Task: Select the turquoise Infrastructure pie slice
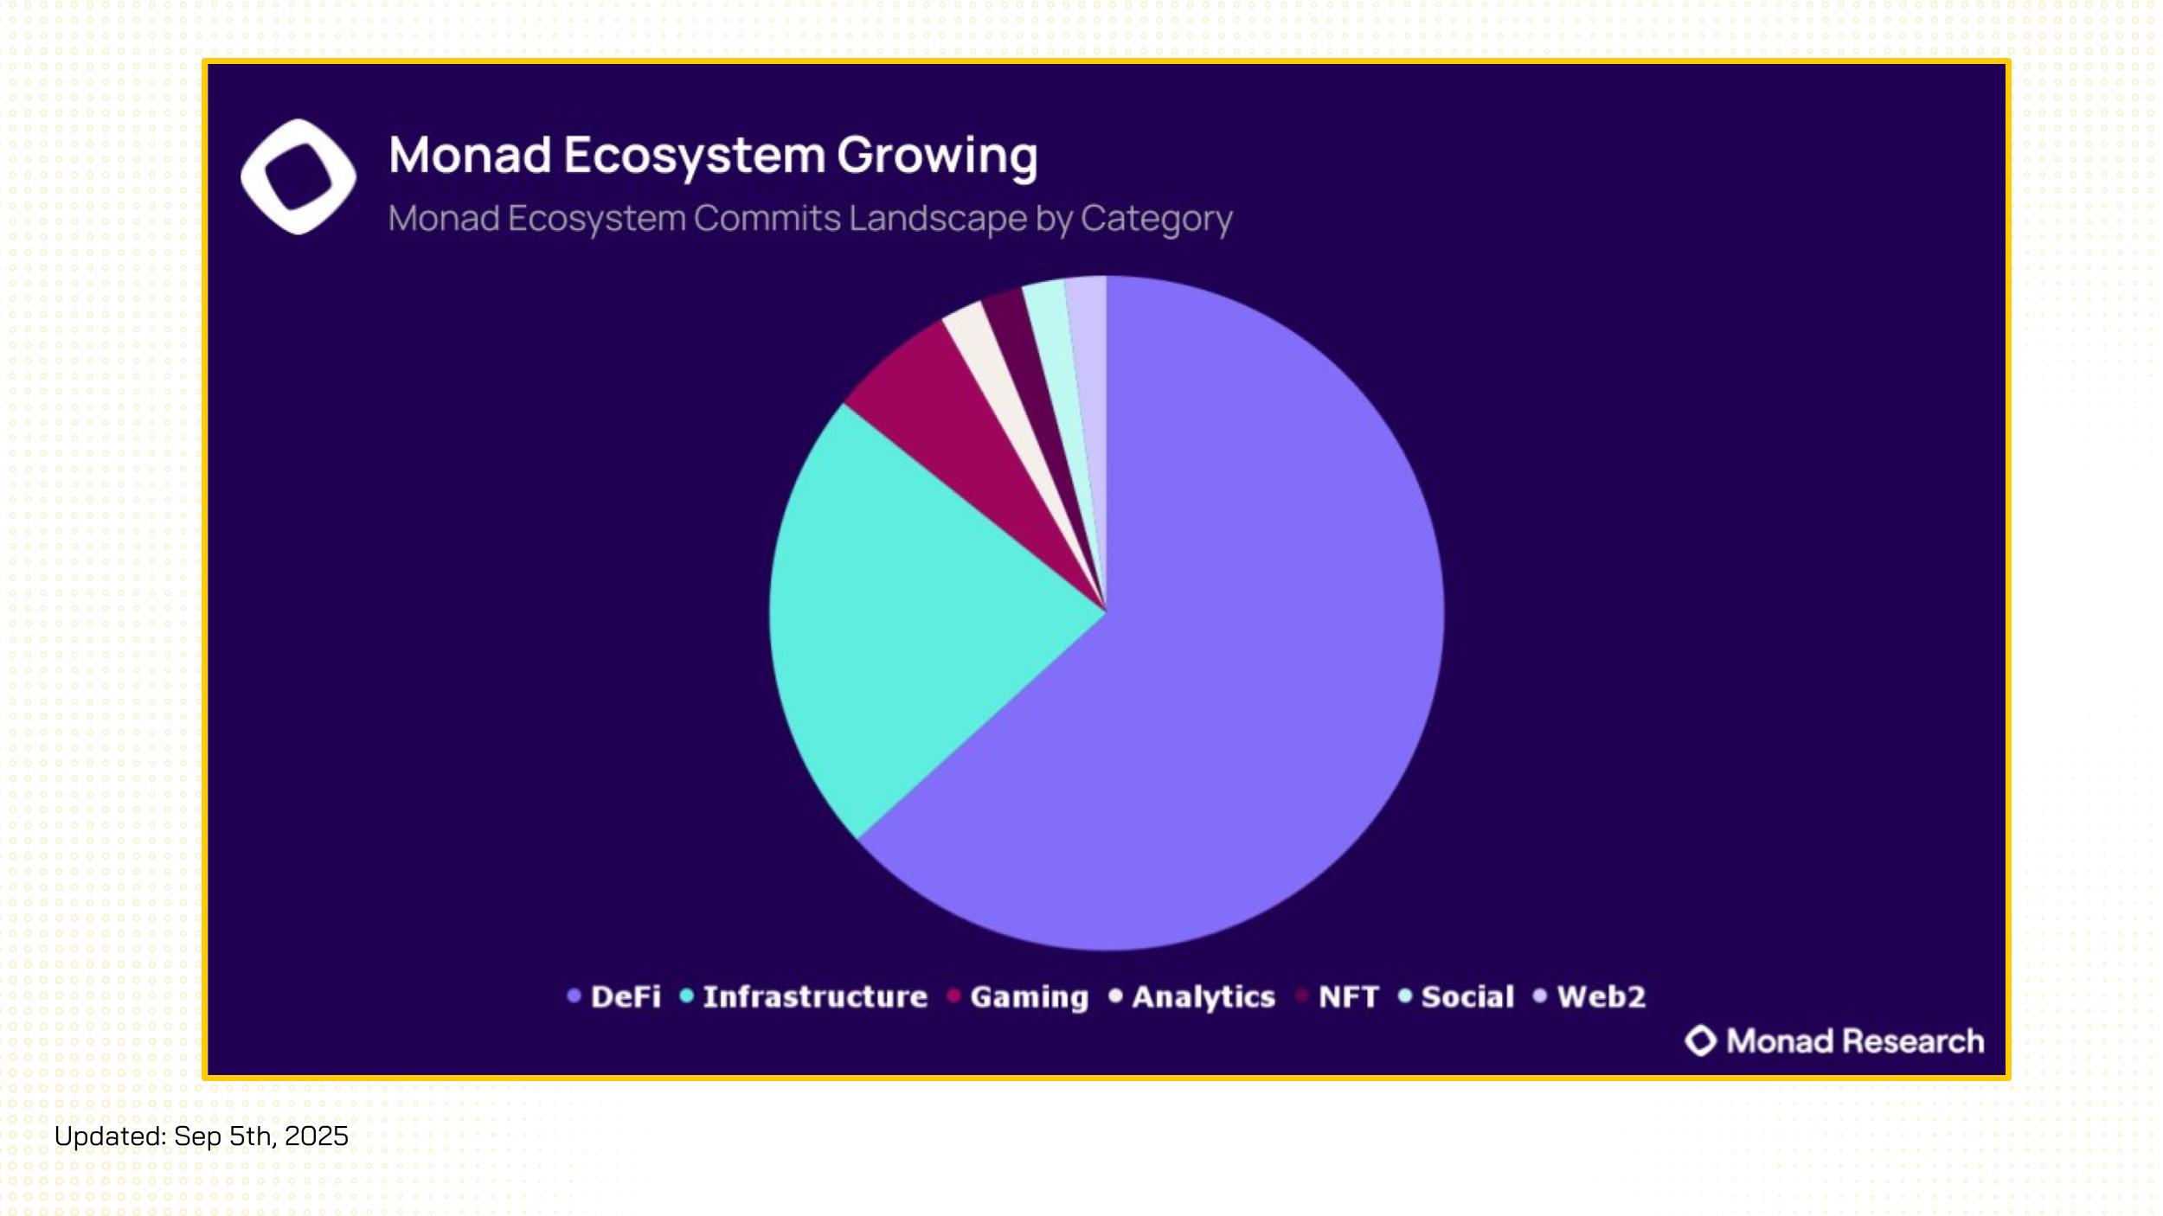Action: pos(900,623)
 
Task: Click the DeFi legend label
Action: pos(626,997)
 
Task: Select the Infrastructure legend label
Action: pos(815,997)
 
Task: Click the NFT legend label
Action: pos(1349,997)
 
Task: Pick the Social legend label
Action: pos(1468,997)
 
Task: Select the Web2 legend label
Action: pos(1601,997)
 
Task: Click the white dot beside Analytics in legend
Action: pos(1115,996)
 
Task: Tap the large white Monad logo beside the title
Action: pos(298,176)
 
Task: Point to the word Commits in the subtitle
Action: pos(767,218)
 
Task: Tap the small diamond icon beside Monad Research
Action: pos(1701,1041)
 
